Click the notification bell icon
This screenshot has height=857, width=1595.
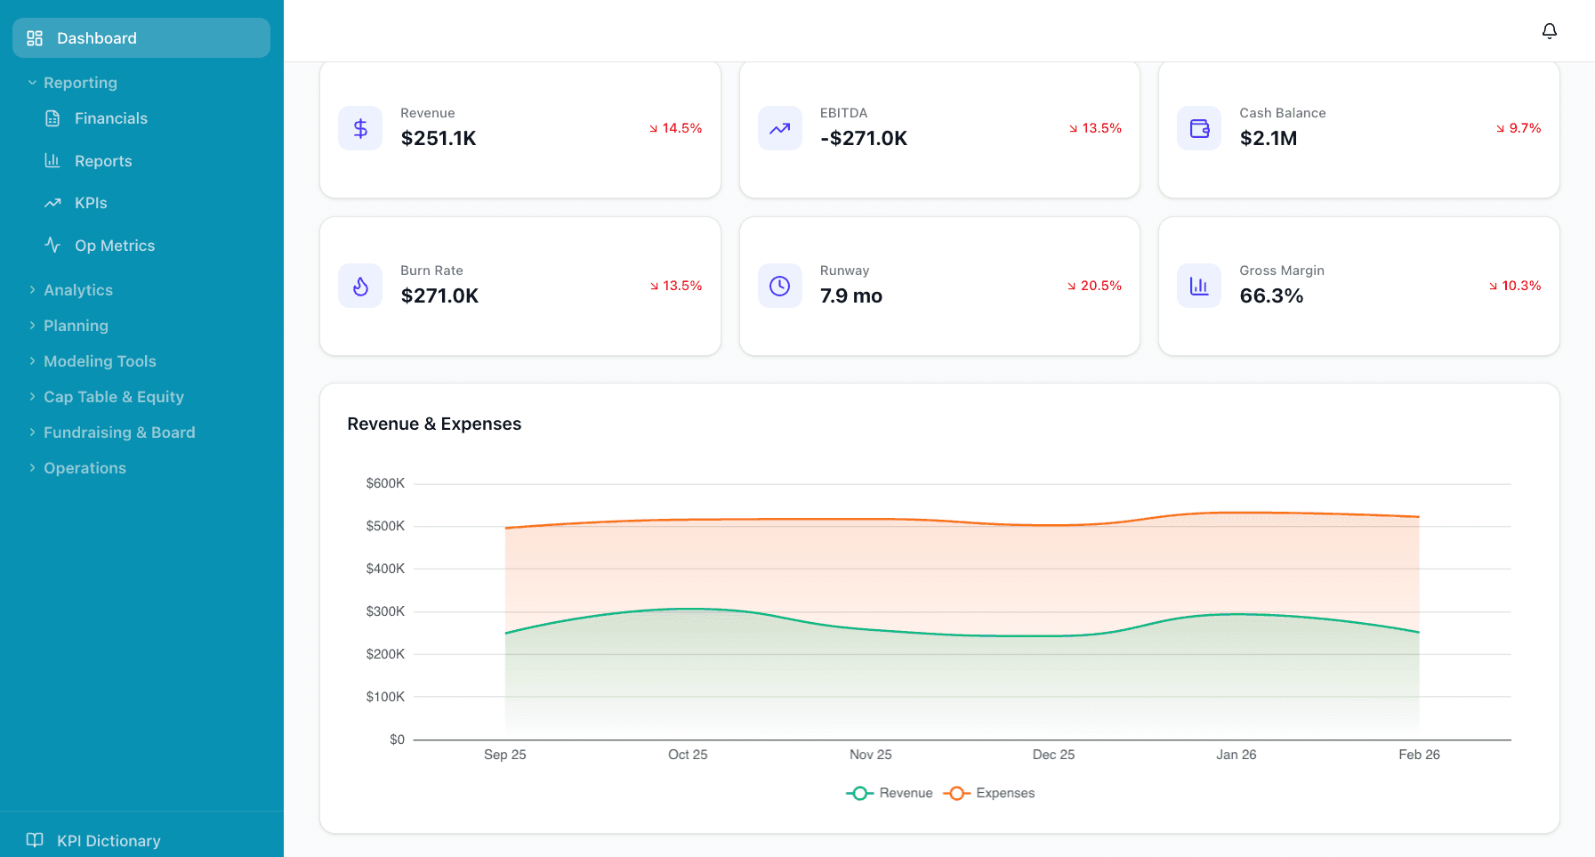click(1549, 31)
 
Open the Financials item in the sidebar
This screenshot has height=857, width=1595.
click(110, 118)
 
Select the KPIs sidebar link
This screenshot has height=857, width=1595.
click(90, 203)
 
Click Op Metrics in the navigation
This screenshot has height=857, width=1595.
click(114, 246)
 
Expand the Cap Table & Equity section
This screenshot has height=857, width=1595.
click(113, 397)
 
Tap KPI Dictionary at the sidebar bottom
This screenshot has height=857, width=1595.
click(108, 841)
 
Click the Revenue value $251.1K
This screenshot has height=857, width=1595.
click(439, 138)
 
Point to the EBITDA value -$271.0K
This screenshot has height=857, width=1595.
click(863, 138)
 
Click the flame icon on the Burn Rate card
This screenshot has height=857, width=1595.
click(360, 286)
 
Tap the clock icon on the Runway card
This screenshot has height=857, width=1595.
click(779, 286)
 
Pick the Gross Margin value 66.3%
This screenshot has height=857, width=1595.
click(1271, 295)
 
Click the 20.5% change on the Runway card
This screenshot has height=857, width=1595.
click(1095, 286)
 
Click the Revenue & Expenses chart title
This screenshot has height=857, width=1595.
click(434, 424)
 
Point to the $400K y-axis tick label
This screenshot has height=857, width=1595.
click(385, 569)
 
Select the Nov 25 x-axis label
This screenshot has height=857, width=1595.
click(870, 755)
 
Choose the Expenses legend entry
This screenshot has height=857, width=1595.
click(990, 793)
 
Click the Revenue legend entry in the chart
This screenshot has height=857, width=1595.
click(890, 793)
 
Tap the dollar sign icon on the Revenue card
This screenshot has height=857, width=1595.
click(360, 128)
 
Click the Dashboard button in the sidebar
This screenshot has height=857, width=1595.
click(141, 38)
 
